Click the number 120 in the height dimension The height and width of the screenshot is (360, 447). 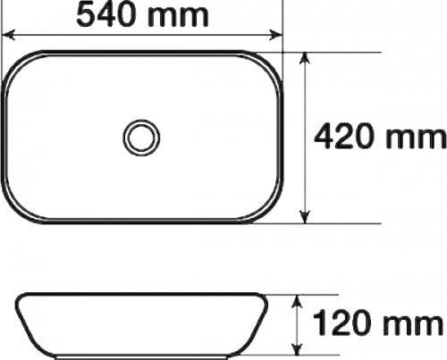click(x=342, y=322)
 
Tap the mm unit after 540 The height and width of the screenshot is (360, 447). click(x=178, y=17)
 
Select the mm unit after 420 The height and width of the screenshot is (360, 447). click(x=415, y=139)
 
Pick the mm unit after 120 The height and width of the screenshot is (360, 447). click(x=413, y=325)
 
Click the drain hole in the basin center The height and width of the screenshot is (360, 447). click(x=141, y=138)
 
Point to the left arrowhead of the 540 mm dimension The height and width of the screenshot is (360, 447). click(x=8, y=35)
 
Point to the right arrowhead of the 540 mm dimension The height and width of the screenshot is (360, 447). click(x=275, y=35)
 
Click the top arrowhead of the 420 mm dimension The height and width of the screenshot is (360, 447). click(x=305, y=58)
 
